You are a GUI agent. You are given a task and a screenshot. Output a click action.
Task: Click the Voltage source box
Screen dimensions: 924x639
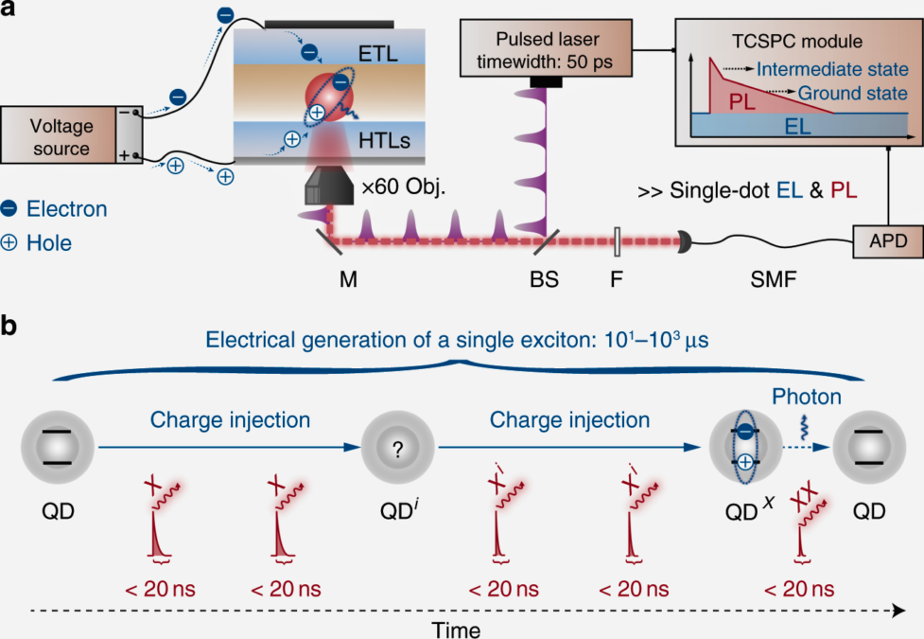pos(71,134)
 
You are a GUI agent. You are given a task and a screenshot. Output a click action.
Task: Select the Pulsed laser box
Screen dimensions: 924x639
pos(546,47)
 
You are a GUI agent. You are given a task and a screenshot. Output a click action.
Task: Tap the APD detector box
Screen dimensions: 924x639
pos(888,241)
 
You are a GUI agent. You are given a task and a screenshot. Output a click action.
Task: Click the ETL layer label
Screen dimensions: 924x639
pos(377,54)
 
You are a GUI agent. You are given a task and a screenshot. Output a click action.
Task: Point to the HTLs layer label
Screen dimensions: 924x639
pos(384,140)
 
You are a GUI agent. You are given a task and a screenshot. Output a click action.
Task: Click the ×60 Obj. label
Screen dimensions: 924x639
pos(404,187)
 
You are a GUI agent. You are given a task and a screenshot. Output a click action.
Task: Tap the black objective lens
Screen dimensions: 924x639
pos(329,185)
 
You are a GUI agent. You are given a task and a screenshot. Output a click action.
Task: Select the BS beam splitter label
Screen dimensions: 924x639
pos(544,279)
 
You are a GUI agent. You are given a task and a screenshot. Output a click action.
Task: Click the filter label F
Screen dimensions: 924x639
pos(617,279)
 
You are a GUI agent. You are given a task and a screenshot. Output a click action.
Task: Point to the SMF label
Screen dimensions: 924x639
pos(774,279)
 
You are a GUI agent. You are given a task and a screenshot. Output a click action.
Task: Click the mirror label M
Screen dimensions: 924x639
pos(348,279)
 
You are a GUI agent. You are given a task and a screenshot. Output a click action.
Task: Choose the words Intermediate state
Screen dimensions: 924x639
pos(832,69)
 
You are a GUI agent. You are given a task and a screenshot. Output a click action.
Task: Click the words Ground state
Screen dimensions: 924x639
pos(852,93)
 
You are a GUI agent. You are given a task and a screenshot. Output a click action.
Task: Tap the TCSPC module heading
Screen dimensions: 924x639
pos(796,42)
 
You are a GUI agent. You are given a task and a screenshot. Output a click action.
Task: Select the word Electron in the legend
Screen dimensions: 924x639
pos(66,209)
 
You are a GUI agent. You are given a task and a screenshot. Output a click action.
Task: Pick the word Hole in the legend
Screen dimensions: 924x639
pos(49,243)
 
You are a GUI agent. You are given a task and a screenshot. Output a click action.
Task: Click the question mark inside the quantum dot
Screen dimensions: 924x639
pos(398,450)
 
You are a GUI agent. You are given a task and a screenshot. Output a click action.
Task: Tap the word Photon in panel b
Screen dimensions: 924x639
pos(806,397)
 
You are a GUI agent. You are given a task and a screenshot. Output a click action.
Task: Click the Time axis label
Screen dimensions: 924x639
pos(456,630)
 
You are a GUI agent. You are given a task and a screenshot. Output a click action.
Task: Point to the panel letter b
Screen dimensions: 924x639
pos(9,326)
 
